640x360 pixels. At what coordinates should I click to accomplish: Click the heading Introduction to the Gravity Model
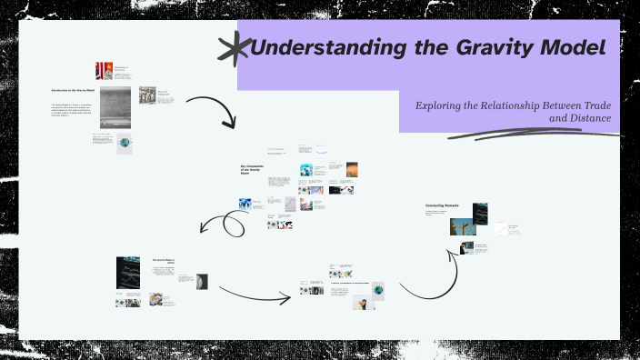pyautogui.click(x=71, y=91)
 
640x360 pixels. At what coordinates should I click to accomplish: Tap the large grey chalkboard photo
pyautogui.click(x=115, y=107)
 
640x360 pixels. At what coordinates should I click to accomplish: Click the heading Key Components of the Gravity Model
pyautogui.click(x=251, y=169)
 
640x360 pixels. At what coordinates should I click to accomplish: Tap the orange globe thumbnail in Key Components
pyautogui.click(x=352, y=169)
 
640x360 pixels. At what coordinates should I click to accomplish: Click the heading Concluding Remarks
pyautogui.click(x=443, y=205)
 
